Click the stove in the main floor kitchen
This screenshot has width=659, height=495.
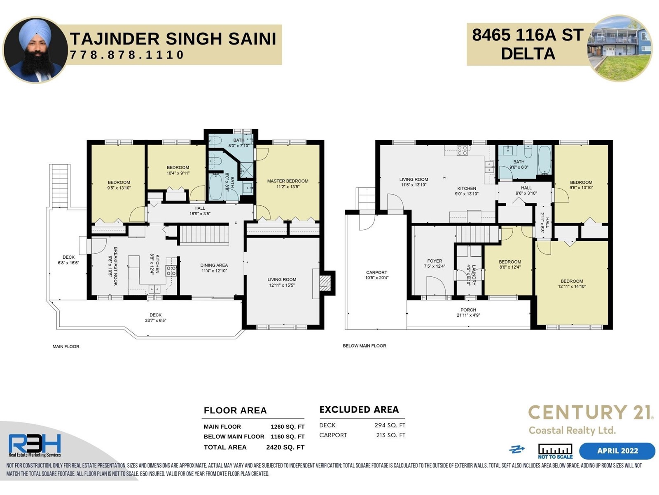[x=171, y=271]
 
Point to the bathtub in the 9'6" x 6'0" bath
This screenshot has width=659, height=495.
[x=544, y=160]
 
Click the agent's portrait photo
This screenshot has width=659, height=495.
[x=35, y=50]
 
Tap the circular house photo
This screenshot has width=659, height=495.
[x=620, y=48]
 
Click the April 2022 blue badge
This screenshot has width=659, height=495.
[x=617, y=451]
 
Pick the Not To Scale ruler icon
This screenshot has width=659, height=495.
[x=555, y=451]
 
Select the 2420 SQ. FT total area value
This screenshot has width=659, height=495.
[x=285, y=447]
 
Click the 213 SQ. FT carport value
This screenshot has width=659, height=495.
[x=390, y=435]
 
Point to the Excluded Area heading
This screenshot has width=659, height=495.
[x=359, y=409]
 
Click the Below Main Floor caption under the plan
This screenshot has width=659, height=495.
[x=365, y=346]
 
